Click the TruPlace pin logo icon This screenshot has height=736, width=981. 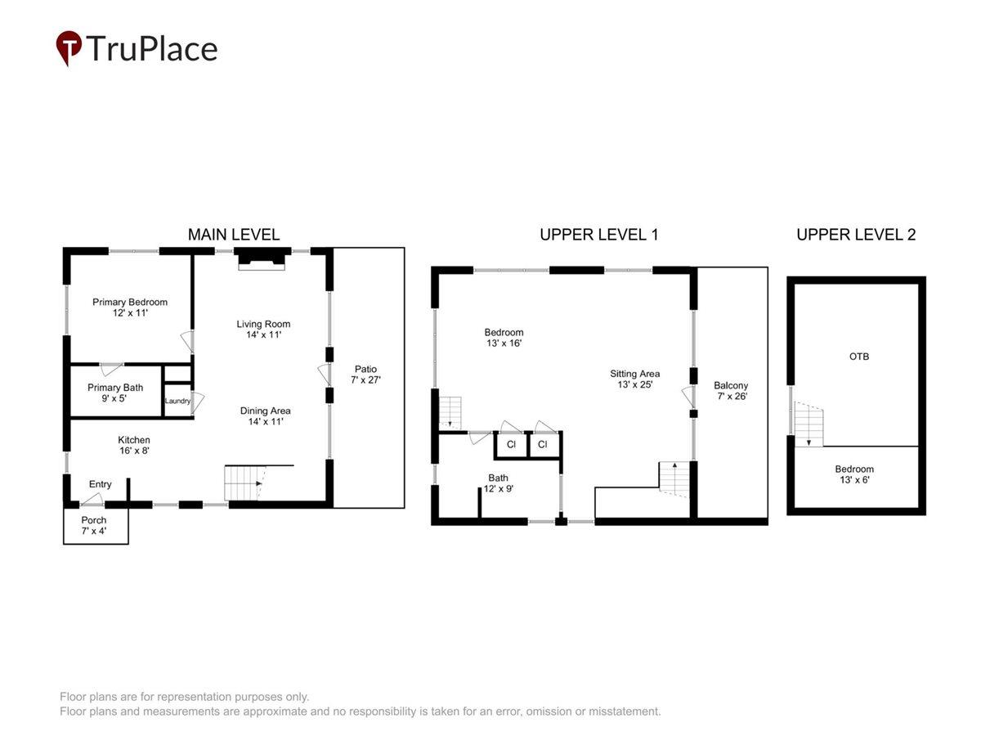click(x=69, y=47)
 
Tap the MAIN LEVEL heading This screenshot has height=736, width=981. click(x=233, y=235)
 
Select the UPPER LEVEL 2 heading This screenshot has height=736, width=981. click(x=855, y=235)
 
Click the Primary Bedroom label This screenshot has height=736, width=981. click(x=130, y=302)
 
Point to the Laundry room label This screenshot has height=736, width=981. click(x=177, y=401)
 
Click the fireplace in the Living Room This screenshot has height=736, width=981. click(x=262, y=259)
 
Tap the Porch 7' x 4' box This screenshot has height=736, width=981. click(x=96, y=525)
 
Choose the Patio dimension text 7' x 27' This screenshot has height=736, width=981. click(x=365, y=379)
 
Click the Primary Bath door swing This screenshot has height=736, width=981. click(x=111, y=369)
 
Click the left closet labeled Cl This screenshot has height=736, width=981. click(x=511, y=445)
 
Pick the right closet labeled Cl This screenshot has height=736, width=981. click(x=544, y=445)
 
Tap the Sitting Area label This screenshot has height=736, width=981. click(x=634, y=374)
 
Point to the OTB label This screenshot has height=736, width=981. click(x=859, y=357)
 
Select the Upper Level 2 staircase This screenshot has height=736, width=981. click(x=808, y=424)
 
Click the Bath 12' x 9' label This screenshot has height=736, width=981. click(x=498, y=483)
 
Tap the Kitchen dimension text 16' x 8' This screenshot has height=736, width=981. click(x=134, y=451)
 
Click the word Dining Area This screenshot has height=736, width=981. click(x=265, y=411)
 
